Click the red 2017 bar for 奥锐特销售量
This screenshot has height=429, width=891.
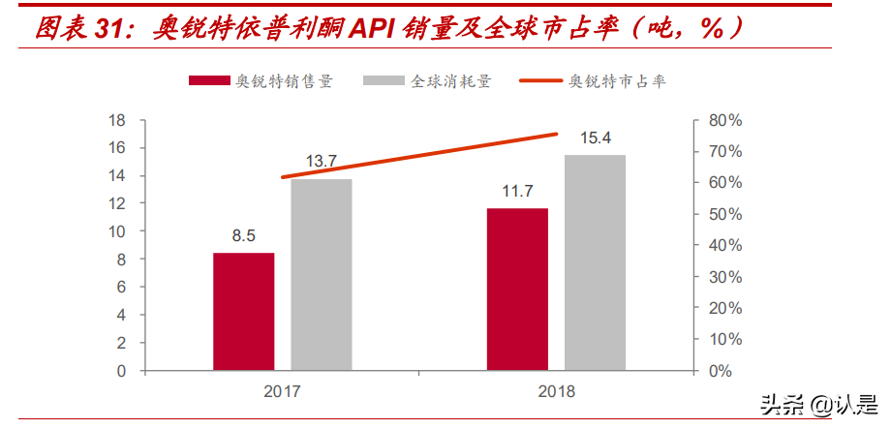click(243, 311)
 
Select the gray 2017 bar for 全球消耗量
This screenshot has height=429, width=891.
click(322, 274)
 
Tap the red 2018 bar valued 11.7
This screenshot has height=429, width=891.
click(517, 289)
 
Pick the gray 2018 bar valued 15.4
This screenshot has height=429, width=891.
click(595, 262)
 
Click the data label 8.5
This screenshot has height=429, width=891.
click(243, 234)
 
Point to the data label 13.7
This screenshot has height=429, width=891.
click(321, 161)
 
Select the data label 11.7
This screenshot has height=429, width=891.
click(517, 191)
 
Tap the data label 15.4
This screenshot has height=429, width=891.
click(596, 138)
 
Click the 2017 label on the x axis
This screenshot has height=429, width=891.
click(282, 392)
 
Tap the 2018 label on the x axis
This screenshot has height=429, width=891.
click(556, 392)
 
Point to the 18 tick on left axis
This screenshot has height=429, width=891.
click(117, 120)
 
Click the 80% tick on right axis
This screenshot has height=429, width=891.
click(724, 120)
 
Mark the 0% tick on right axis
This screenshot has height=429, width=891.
click(720, 371)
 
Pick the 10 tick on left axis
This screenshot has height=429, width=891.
click(117, 231)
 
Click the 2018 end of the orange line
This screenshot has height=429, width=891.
click(557, 134)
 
